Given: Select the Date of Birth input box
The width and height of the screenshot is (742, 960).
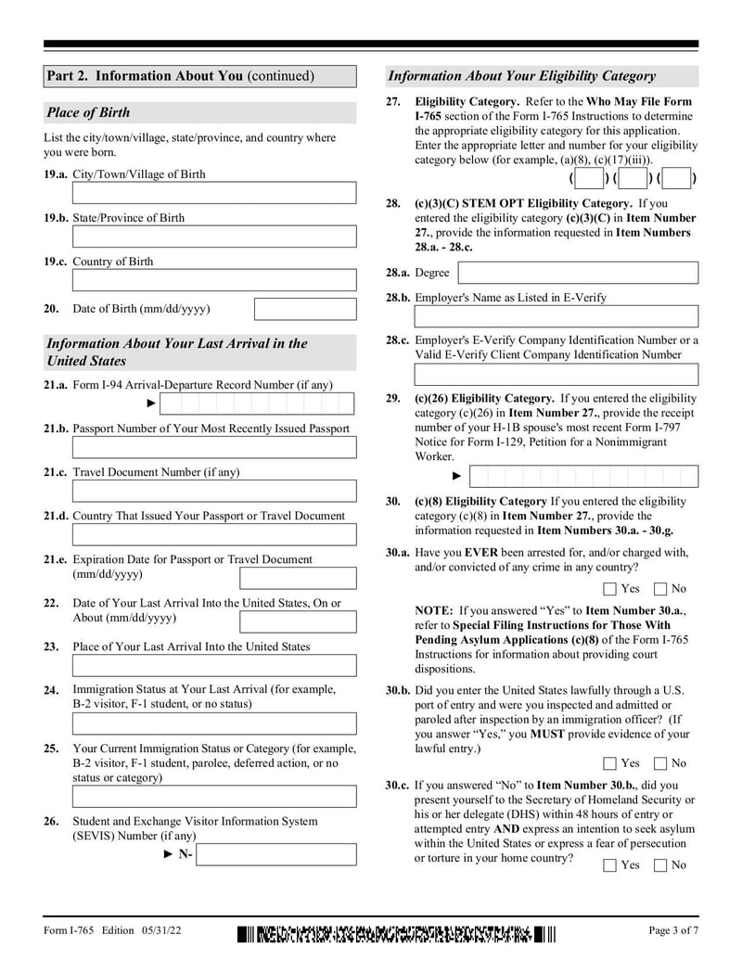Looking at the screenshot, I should pos(305,309).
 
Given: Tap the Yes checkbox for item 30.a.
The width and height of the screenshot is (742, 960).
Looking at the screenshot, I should pos(609,589).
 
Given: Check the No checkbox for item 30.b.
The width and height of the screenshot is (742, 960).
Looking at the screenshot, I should pos(660,763).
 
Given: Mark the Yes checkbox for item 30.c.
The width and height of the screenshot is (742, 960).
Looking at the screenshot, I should pos(609,865).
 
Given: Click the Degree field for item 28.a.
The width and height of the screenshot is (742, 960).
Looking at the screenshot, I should pos(579,273).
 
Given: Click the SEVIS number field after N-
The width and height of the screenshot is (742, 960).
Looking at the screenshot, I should pos(276,854).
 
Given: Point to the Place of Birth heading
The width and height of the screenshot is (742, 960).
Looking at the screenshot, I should pos(89,113).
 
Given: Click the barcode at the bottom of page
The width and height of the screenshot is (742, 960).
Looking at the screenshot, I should pos(397,933).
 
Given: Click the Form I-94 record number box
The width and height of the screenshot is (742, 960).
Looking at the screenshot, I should pos(257,403).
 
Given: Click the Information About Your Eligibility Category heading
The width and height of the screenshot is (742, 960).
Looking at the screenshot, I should pos(521,76).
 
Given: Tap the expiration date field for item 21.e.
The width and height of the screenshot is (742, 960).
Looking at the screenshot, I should pos(298,578).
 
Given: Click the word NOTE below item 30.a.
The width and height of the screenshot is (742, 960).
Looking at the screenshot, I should pos(434,611).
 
